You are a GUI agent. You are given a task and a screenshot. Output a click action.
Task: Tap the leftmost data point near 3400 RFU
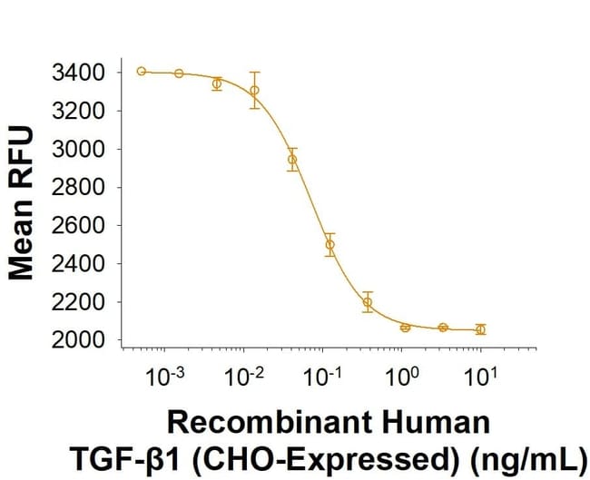142,71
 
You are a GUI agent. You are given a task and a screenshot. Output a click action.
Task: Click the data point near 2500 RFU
329,244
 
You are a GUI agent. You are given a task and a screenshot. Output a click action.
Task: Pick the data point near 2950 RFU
292,160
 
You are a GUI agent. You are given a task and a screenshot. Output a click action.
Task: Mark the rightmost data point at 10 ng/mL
480,329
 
